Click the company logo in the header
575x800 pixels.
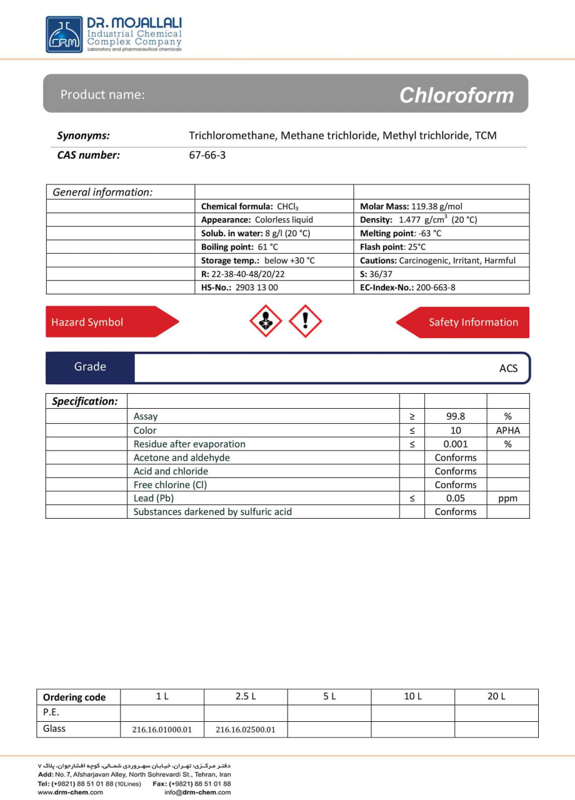[64, 34]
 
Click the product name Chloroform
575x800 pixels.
[456, 95]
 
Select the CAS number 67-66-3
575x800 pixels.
[207, 155]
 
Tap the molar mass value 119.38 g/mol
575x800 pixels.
[437, 206]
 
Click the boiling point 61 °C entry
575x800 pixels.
[239, 247]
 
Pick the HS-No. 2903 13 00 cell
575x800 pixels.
[239, 287]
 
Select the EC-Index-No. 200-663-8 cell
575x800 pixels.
[408, 287]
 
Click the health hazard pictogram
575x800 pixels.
[266, 321]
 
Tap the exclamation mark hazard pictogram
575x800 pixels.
[306, 321]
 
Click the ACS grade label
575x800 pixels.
[508, 368]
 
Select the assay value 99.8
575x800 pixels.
[456, 416]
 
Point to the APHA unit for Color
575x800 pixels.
[507, 430]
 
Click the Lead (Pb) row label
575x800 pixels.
[154, 498]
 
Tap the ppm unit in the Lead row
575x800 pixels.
[507, 498]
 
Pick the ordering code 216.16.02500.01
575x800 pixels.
[246, 729]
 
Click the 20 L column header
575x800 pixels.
[496, 696]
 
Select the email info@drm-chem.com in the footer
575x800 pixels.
[197, 792]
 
